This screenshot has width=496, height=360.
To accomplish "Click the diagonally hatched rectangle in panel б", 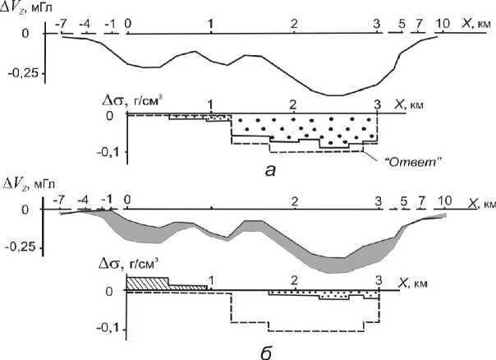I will pos(148,284).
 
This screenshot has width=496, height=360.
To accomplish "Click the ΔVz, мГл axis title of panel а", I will pos(28,9).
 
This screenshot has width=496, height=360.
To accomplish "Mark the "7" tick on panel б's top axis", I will pos(421,200).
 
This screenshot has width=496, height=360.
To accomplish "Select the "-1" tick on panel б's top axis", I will pos(107,200).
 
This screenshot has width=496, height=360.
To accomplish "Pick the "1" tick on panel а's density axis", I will pos(212,104).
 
